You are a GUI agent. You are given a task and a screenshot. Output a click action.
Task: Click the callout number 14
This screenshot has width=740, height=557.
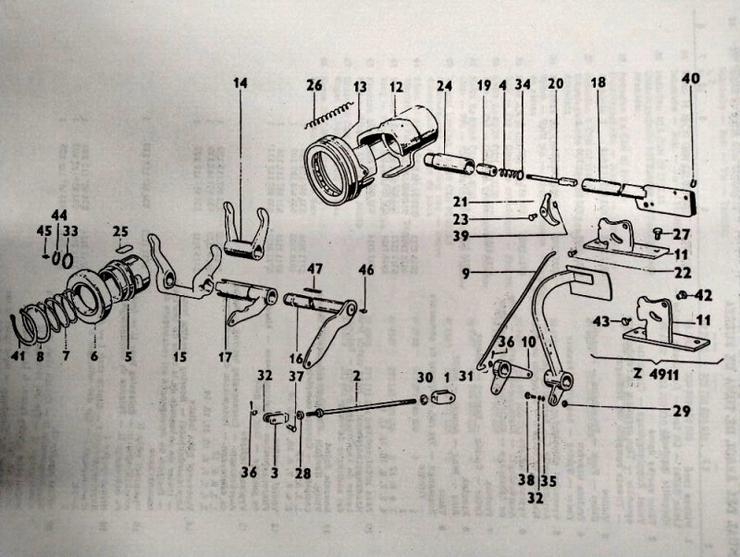[x=240, y=83]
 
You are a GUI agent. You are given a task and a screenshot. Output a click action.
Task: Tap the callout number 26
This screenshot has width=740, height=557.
[x=314, y=86]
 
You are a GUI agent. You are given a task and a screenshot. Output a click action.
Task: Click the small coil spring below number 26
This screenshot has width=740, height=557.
[x=329, y=115]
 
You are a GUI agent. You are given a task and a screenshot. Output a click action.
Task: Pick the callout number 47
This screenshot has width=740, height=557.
[x=314, y=268]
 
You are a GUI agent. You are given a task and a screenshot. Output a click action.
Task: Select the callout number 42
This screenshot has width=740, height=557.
[x=706, y=296]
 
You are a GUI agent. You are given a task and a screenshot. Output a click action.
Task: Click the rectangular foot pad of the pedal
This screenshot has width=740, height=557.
[x=584, y=275]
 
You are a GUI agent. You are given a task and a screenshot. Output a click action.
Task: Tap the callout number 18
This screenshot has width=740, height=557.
[x=598, y=82]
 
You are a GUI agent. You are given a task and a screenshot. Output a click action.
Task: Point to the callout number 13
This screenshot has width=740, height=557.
[x=360, y=86]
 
